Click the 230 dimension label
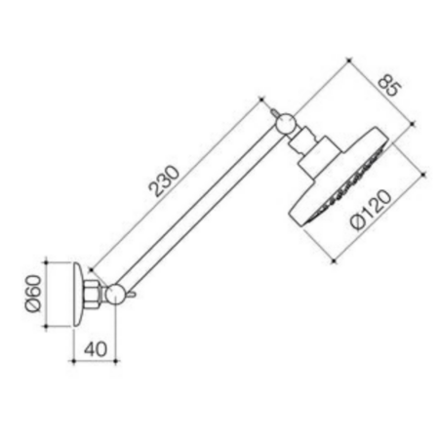click(x=164, y=181)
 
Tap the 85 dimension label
click(x=390, y=86)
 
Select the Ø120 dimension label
click(x=371, y=210)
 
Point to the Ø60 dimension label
click(x=34, y=294)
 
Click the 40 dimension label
click(x=96, y=349)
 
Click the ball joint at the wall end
click(x=115, y=295)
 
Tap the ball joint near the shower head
click(x=286, y=124)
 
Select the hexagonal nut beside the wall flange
click(x=93, y=294)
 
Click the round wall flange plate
click(x=77, y=294)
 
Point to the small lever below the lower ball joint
click(x=132, y=295)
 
